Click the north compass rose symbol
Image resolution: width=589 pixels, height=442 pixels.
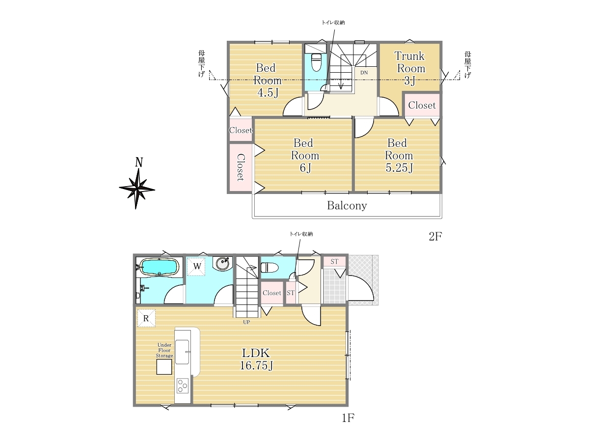click(137, 189)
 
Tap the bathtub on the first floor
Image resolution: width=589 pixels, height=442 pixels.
click(160, 267)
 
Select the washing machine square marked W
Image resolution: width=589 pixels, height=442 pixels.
click(196, 267)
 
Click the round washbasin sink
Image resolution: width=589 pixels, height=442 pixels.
click(222, 263)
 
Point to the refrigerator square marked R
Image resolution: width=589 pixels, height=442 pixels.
click(146, 318)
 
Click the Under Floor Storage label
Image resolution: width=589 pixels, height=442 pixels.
click(164, 350)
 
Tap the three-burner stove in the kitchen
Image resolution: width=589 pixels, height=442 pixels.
click(183, 386)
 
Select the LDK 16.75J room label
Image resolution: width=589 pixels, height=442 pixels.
click(256, 359)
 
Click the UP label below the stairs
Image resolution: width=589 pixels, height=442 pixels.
click(246, 322)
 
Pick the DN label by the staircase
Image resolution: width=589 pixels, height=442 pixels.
click(364, 73)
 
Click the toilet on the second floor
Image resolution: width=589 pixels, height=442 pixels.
click(316, 62)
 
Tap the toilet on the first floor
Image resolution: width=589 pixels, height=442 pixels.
click(269, 267)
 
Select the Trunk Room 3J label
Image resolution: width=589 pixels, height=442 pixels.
click(410, 68)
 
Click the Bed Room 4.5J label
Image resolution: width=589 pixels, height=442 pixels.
click(267, 80)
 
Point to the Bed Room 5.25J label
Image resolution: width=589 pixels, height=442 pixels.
click(399, 155)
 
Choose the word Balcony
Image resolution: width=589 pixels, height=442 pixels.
click(347, 206)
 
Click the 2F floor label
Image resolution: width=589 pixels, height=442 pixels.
click(435, 236)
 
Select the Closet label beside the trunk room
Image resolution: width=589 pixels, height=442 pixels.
click(422, 105)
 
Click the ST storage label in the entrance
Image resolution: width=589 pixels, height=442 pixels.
click(334, 261)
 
